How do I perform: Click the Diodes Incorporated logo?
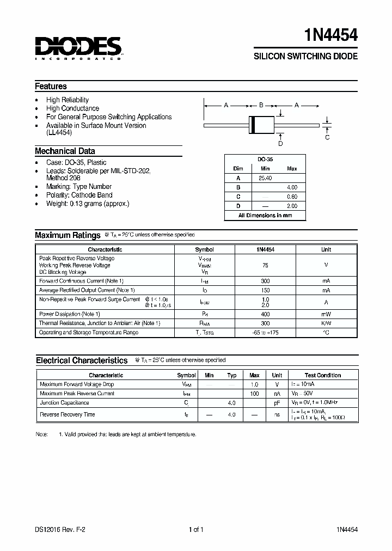79,48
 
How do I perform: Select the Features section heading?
51,86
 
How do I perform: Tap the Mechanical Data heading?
65,151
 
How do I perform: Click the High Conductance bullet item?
72,108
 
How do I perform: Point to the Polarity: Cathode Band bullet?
79,195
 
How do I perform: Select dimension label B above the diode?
261,105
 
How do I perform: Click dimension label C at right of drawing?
327,137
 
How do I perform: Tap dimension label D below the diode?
280,144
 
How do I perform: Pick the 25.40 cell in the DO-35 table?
265,178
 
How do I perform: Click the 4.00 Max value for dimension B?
292,187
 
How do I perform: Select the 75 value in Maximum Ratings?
265,265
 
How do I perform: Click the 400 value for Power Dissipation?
265,314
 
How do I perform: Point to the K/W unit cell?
326,323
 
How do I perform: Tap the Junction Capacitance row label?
64,403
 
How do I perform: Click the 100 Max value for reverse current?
254,394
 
